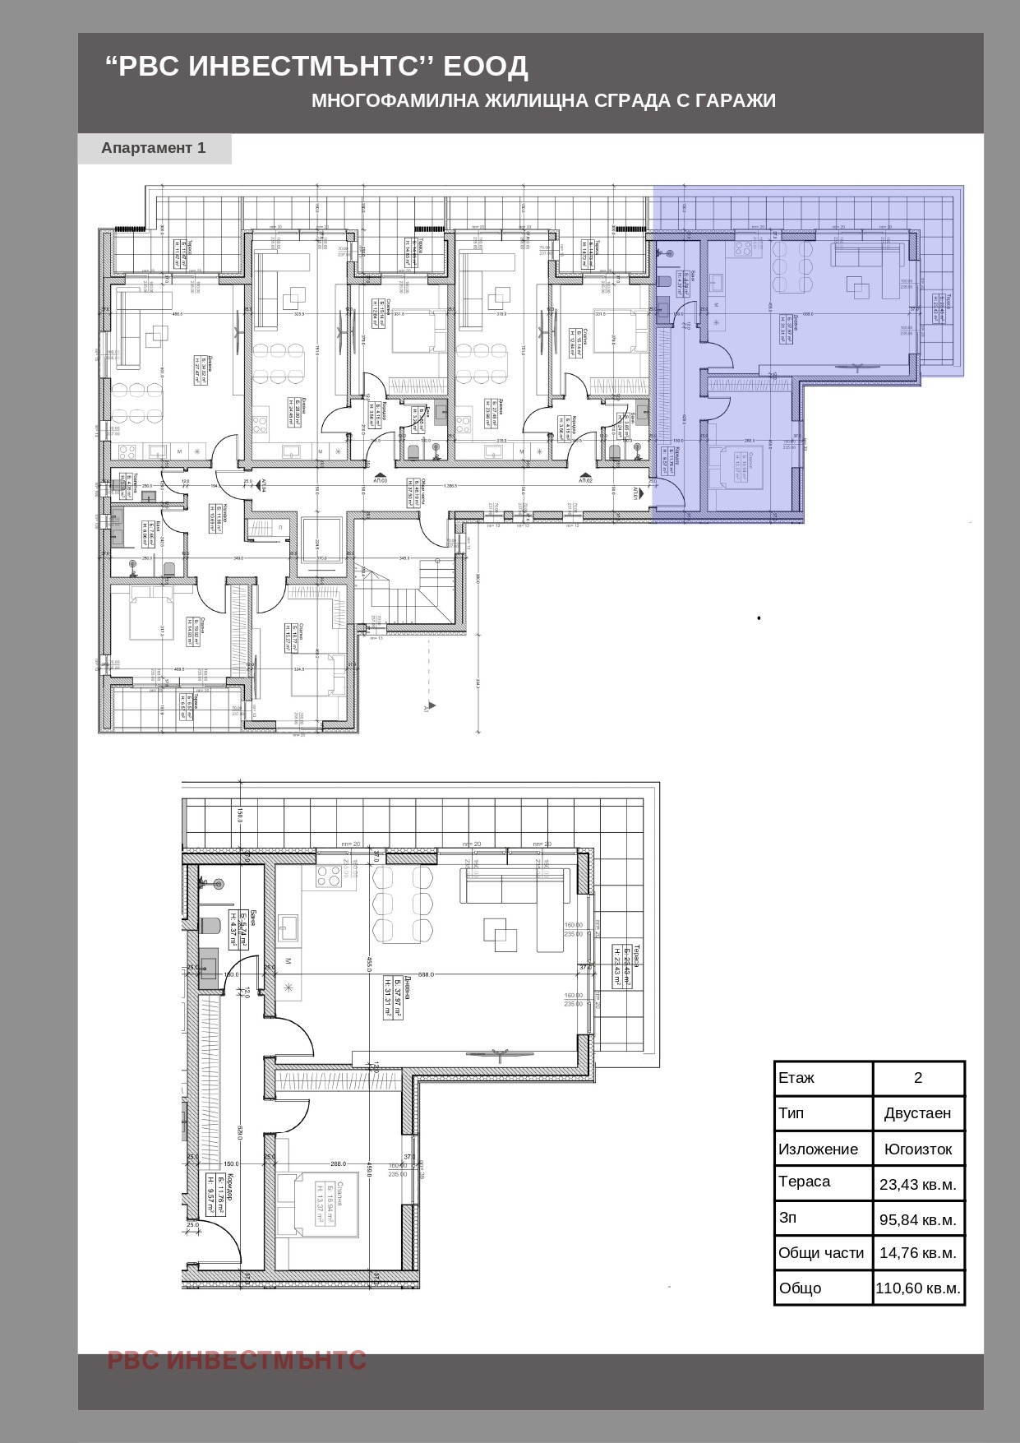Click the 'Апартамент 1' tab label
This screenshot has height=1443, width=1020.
pyautogui.click(x=154, y=148)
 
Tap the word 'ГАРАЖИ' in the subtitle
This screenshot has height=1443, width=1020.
pyautogui.click(x=735, y=100)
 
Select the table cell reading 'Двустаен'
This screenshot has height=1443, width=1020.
pyautogui.click(x=917, y=1113)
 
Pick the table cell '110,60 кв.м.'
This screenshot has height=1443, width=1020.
pyautogui.click(x=917, y=1288)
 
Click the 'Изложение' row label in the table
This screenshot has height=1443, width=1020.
pyautogui.click(x=818, y=1149)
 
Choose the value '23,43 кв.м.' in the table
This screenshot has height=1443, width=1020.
pyautogui.click(x=917, y=1185)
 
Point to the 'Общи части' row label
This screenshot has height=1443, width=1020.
pyautogui.click(x=821, y=1253)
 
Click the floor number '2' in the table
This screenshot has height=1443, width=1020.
pyautogui.click(x=917, y=1078)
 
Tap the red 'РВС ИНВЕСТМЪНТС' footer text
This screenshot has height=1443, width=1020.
pyautogui.click(x=237, y=1360)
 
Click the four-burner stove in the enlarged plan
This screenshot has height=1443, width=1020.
pyautogui.click(x=329, y=877)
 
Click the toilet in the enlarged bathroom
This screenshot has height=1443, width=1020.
pyautogui.click(x=210, y=926)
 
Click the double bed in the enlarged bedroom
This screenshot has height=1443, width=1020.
pyautogui.click(x=317, y=1205)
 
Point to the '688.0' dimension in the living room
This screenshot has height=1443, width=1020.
pyautogui.click(x=426, y=974)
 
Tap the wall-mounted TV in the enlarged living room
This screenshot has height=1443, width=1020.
pyautogui.click(x=499, y=1053)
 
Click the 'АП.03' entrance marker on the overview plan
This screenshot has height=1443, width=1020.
pyautogui.click(x=380, y=478)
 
